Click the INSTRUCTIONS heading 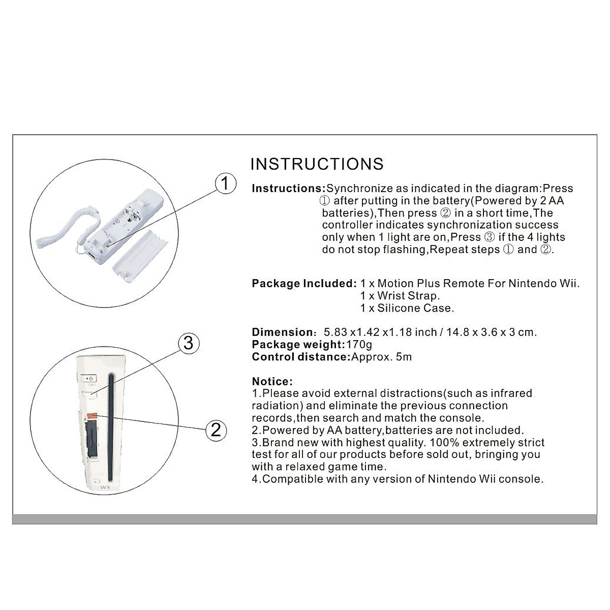[317, 164]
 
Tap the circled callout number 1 [225, 183]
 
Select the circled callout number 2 [216, 430]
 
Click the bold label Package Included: [304, 283]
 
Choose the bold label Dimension [283, 332]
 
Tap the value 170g [359, 344]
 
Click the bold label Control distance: [301, 356]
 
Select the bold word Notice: [272, 381]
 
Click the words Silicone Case [415, 308]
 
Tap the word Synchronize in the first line [359, 188]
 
